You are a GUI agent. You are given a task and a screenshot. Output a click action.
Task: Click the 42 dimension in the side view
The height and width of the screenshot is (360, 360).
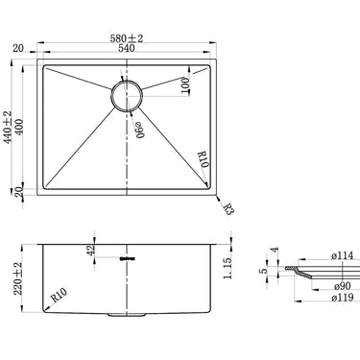click(91, 251)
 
